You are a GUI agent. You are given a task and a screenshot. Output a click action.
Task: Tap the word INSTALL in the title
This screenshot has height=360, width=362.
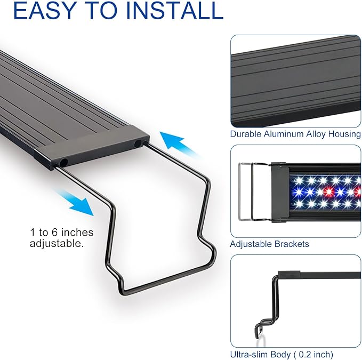click(175, 10)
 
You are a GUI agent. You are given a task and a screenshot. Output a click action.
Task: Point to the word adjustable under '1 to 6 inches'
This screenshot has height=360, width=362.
click(57, 243)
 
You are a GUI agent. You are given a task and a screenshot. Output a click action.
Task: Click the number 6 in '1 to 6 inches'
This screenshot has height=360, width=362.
click(54, 233)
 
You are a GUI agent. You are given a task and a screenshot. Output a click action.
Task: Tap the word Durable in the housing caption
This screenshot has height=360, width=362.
click(246, 134)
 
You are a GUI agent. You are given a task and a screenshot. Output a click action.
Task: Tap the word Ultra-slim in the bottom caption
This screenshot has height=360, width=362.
click(249, 354)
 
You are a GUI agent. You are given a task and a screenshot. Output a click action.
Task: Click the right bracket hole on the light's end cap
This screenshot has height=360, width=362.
click(138, 143)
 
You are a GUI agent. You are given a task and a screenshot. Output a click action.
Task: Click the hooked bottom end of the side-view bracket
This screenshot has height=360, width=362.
click(258, 331)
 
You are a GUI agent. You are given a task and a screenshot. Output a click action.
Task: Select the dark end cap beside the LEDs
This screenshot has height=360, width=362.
click(280, 193)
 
